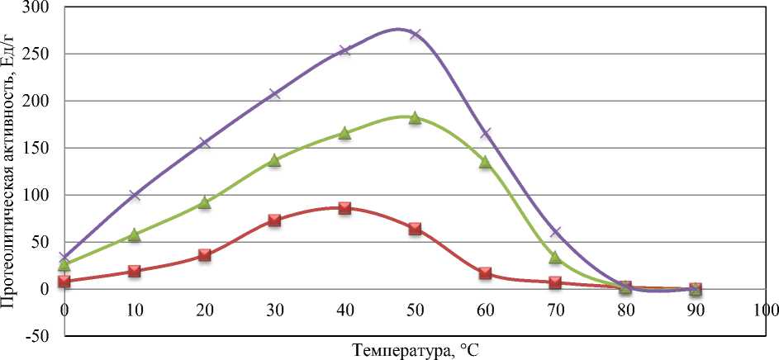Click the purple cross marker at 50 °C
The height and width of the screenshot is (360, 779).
415,34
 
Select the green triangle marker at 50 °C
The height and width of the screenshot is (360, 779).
415,118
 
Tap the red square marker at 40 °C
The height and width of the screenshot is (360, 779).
344,208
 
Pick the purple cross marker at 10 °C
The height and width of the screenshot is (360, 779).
135,195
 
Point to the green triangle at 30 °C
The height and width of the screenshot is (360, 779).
274,160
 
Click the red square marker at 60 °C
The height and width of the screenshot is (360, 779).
485,273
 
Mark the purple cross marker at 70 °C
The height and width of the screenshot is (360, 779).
555,232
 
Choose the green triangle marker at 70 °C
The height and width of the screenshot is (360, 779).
555,258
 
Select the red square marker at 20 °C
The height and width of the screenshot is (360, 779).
205,255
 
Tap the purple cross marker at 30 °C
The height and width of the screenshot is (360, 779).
274,93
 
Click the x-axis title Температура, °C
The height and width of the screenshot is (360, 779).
415,349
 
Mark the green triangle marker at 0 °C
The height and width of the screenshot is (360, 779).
64,264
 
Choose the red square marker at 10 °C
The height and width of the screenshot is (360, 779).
135,271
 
